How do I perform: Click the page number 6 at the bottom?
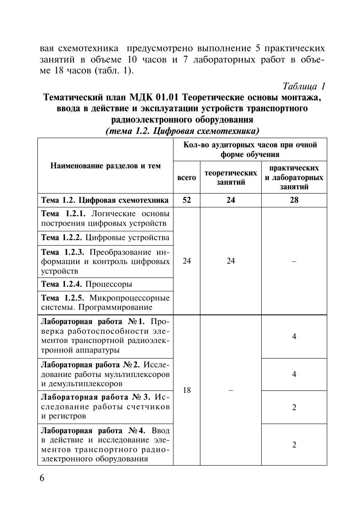click(42, 479)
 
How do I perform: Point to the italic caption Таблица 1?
click(304, 86)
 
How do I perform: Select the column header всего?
click(187, 178)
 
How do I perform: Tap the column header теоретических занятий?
click(231, 178)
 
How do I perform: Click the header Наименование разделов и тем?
click(105, 166)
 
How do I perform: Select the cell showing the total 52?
click(187, 200)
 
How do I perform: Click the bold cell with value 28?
click(294, 200)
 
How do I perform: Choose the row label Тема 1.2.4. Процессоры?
click(87, 284)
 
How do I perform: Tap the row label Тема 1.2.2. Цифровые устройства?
click(105, 238)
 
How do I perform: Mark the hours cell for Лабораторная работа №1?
click(294, 336)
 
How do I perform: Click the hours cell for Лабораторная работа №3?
click(294, 407)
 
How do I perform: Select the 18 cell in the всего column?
click(187, 390)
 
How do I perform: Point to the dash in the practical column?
click(294, 261)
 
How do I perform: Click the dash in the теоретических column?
click(231, 390)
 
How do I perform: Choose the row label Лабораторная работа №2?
click(105, 374)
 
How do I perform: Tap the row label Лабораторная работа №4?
click(105, 445)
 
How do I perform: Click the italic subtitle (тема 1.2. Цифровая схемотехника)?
click(182, 131)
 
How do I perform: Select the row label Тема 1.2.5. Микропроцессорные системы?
click(105, 303)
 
